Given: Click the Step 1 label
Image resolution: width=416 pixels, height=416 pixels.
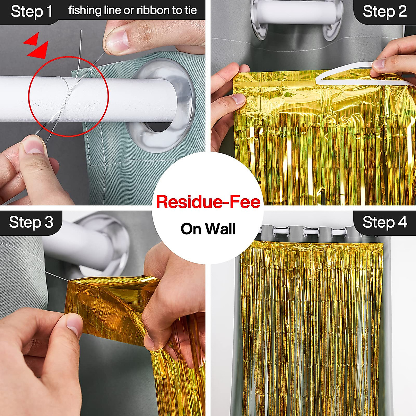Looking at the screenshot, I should coord(31,11).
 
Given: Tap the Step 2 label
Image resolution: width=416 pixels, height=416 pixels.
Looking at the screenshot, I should coord(384,11).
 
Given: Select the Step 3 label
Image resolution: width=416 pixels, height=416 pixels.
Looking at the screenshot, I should coord(31,222).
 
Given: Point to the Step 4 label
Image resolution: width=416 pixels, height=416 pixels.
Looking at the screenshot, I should coord(384,222).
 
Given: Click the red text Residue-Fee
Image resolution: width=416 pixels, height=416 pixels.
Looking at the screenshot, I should coord(208,202).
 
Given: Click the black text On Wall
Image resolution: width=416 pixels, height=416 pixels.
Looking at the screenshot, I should coord(208,229).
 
